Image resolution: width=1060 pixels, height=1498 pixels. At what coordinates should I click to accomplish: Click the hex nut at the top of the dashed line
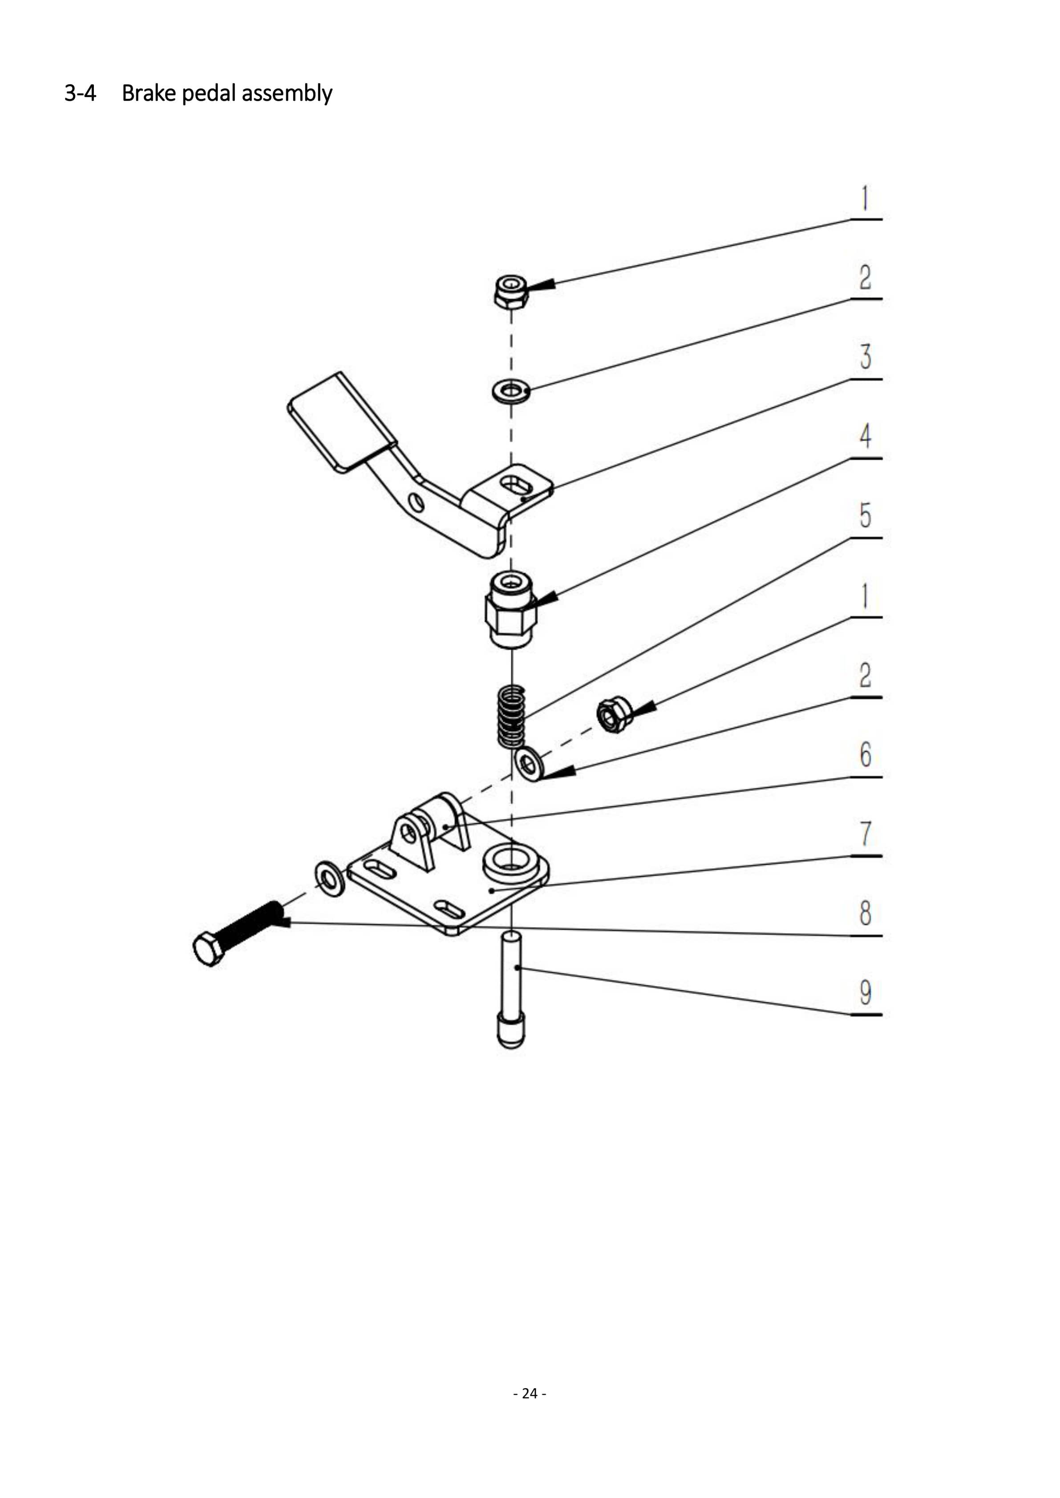pyautogui.click(x=511, y=292)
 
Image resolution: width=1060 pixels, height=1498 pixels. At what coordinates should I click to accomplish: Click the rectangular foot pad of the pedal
pyautogui.click(x=341, y=421)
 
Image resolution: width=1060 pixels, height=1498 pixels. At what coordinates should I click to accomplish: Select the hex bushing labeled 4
pyautogui.click(x=511, y=609)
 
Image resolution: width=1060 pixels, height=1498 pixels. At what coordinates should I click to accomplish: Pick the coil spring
pyautogui.click(x=511, y=716)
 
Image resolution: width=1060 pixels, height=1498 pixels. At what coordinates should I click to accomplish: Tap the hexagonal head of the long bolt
pyautogui.click(x=209, y=949)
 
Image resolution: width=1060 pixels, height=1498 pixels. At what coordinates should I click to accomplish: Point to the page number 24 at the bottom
pyautogui.click(x=530, y=1393)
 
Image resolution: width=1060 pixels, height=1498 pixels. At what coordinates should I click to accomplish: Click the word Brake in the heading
pyautogui.click(x=149, y=93)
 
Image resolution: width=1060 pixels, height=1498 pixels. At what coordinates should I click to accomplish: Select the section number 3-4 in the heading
pyautogui.click(x=80, y=93)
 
